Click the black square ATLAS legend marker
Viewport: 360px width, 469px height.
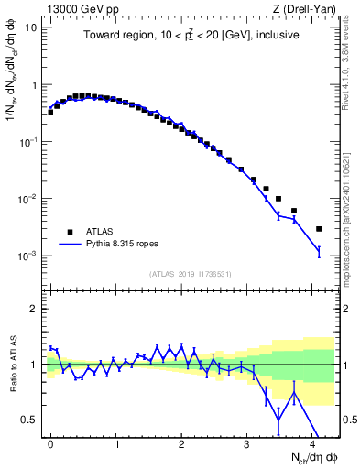[x=69, y=232]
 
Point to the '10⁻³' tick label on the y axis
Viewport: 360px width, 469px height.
[x=28, y=256]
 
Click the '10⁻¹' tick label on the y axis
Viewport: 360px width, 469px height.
[x=28, y=142]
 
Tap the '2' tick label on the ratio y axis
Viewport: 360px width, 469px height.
[x=35, y=309]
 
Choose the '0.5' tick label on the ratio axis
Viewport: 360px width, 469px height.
[x=30, y=420]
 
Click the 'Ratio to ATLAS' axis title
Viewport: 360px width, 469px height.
[x=11, y=364]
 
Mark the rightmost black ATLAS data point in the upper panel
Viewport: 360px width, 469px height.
[x=319, y=229]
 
